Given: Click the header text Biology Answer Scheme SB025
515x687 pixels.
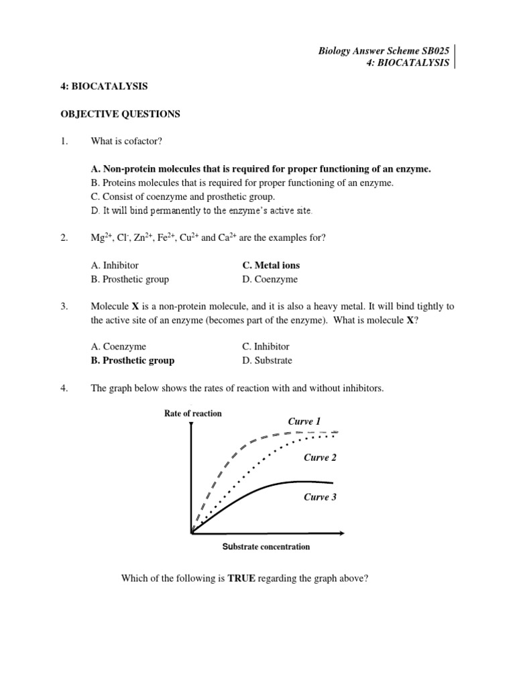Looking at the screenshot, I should [x=383, y=50].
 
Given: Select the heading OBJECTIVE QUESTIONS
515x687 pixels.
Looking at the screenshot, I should [x=121, y=114].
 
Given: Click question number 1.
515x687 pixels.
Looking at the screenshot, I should [x=64, y=142].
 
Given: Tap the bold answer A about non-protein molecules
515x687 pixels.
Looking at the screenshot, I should [x=261, y=169].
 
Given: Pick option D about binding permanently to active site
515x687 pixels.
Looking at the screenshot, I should [x=202, y=211].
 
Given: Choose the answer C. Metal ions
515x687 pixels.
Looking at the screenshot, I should [x=271, y=265].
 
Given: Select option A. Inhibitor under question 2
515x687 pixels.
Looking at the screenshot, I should [x=115, y=265].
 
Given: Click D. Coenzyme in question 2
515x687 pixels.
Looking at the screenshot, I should [x=270, y=279].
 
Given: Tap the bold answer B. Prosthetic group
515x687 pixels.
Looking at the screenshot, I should [x=133, y=360].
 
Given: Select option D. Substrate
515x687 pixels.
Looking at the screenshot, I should [x=267, y=360].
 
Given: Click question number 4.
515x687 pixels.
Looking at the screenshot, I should [x=64, y=388].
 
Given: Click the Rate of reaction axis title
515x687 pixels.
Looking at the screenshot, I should [x=192, y=413].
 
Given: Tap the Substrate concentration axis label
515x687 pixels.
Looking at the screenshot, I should [x=266, y=547].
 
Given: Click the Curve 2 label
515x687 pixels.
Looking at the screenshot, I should [x=320, y=458].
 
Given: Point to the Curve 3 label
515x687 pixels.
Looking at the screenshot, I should [x=320, y=497].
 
